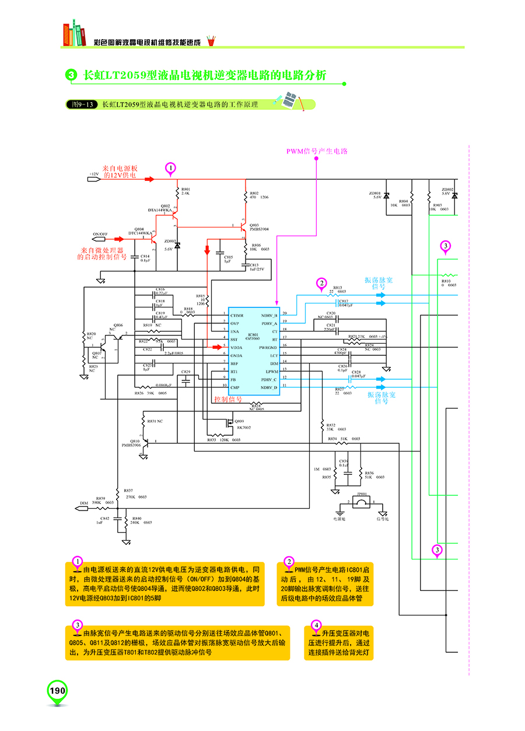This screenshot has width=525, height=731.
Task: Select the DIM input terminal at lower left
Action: click(x=82, y=508)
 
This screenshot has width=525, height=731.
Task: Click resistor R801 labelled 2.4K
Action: click(x=177, y=192)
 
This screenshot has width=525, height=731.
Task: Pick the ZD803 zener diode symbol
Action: click(x=177, y=245)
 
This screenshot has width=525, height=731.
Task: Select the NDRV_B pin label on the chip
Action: click(x=269, y=315)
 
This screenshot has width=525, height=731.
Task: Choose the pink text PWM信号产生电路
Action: click(x=317, y=151)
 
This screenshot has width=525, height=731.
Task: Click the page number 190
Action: click(x=57, y=691)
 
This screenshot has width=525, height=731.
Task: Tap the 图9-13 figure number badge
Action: click(x=80, y=104)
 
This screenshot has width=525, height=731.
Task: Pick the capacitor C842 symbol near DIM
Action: click(x=119, y=518)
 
